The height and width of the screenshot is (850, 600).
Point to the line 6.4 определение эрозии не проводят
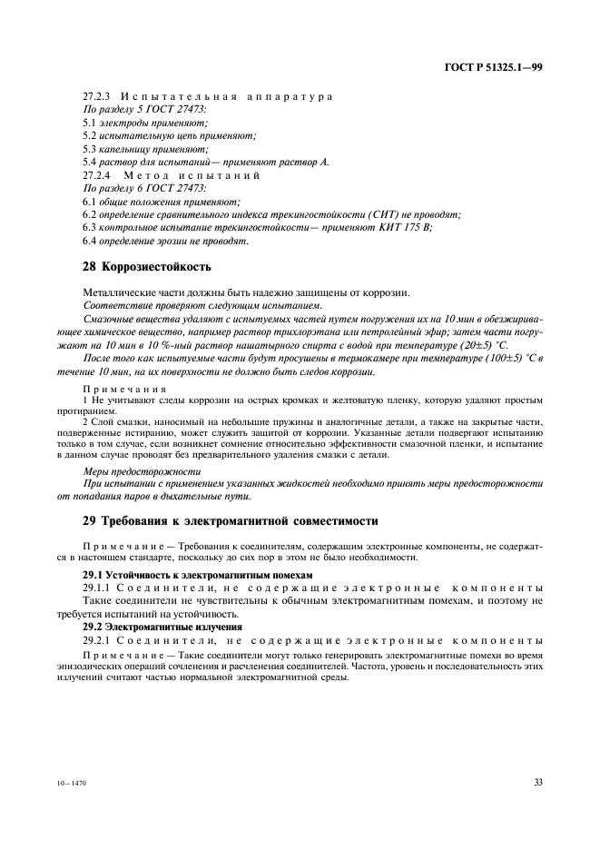pyautogui.click(x=166, y=241)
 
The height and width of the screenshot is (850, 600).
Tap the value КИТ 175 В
pyautogui.click(x=404, y=227)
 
